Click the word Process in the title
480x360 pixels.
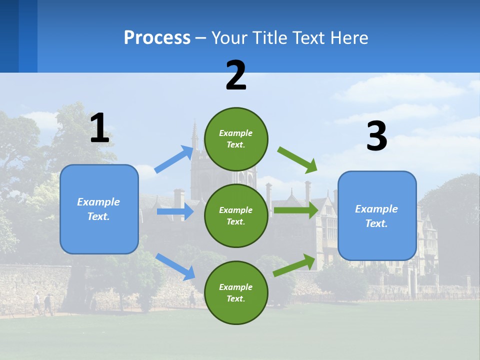[x=157, y=38]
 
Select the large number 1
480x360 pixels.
[x=99, y=128]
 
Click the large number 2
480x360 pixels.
[x=236, y=76]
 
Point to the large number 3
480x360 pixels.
[x=376, y=136]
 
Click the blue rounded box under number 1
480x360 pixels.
[x=99, y=209]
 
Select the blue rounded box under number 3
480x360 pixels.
[x=377, y=215]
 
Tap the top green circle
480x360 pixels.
[x=236, y=139]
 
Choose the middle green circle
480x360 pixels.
[x=236, y=215]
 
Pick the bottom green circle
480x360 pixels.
[x=236, y=292]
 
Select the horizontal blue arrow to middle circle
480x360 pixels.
[x=175, y=211]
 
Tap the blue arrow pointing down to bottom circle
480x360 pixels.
[x=175, y=266]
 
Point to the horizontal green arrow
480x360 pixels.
[x=295, y=210]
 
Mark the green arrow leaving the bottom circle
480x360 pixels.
[x=294, y=265]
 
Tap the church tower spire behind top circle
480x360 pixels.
[x=194, y=132]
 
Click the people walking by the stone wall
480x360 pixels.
[x=42, y=304]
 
